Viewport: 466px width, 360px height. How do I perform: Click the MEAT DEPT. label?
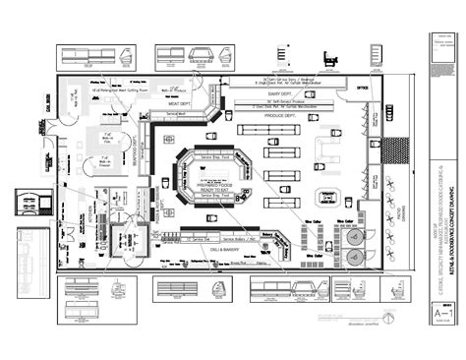click(179, 102)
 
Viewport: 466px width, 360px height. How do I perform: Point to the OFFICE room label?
click(363, 87)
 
